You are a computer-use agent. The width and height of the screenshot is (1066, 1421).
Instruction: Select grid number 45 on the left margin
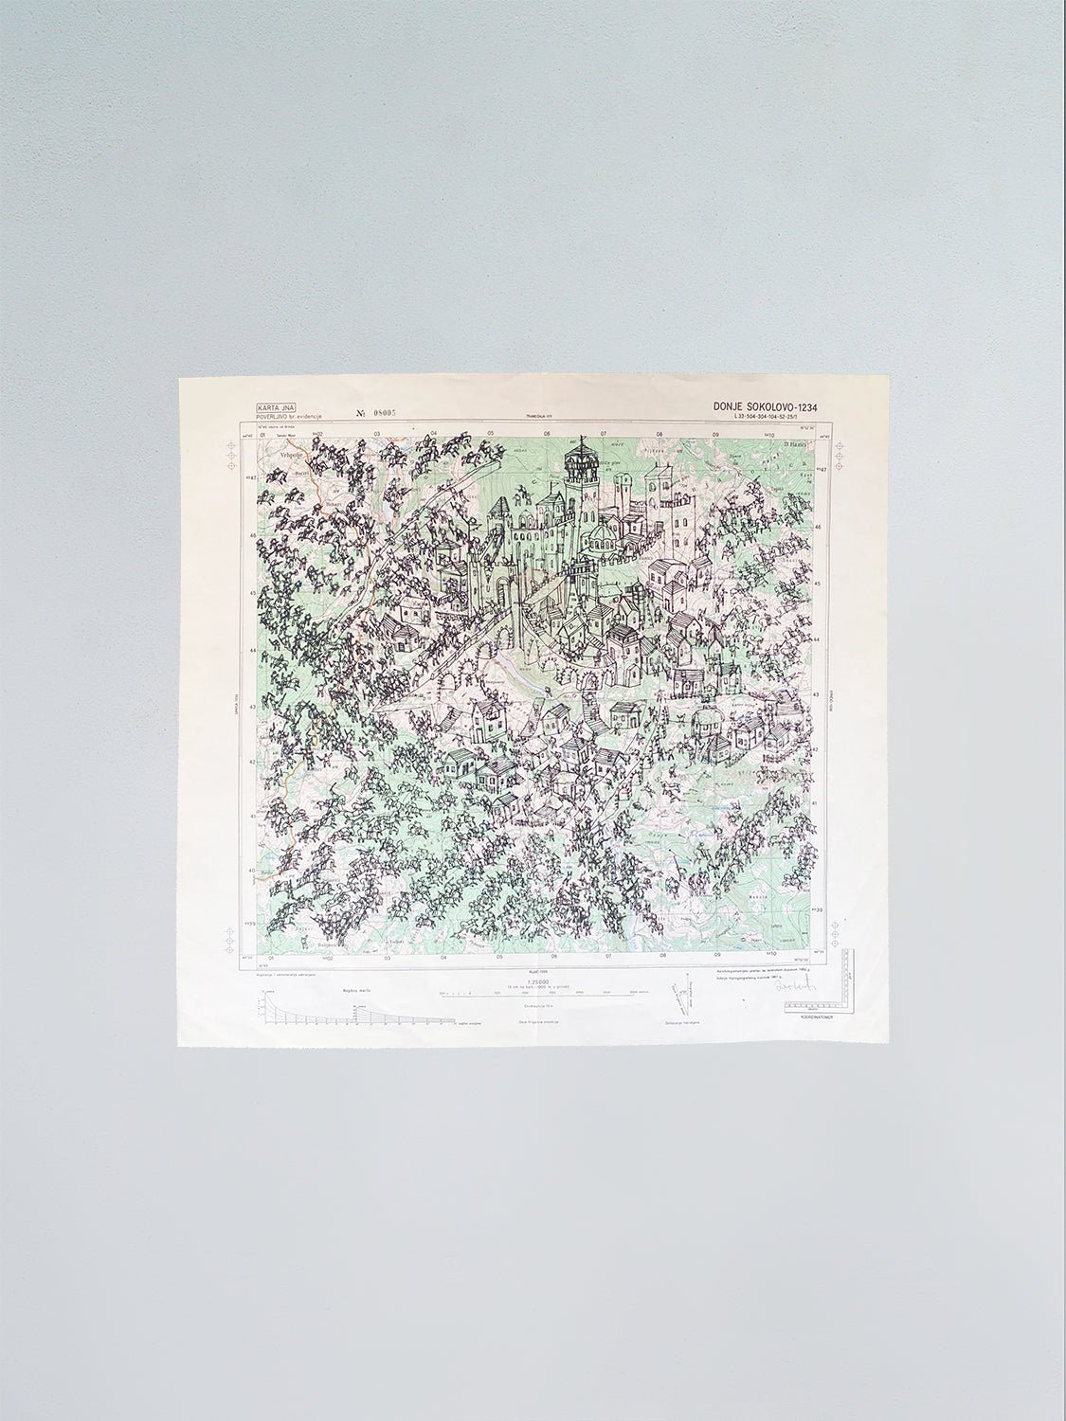253,594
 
